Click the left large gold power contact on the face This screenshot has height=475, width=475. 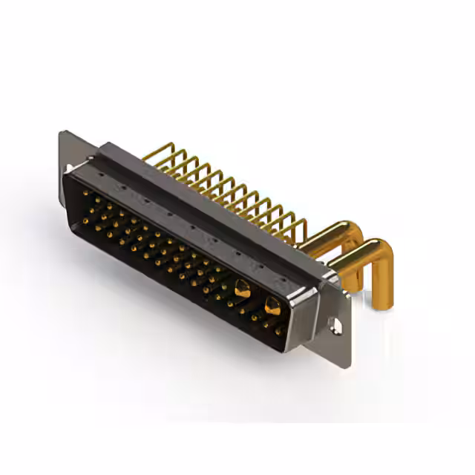point(242,289)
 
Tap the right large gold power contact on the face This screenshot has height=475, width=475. point(272,305)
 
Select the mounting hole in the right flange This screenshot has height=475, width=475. point(336,325)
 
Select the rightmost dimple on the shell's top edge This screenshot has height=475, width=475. point(279,281)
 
